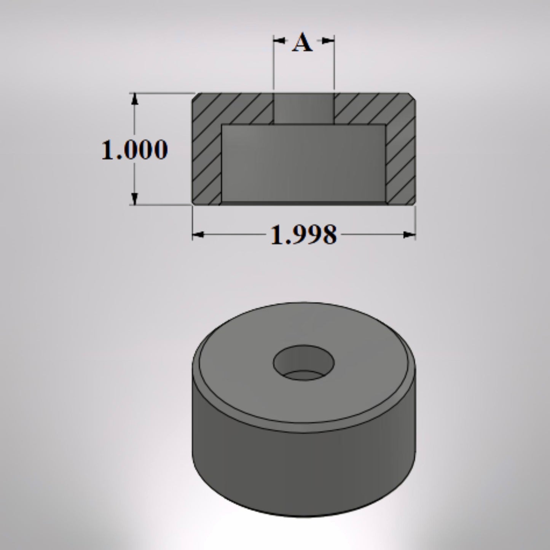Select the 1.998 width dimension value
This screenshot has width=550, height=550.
pyautogui.click(x=303, y=235)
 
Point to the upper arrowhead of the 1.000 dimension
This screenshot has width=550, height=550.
pyautogui.click(x=134, y=99)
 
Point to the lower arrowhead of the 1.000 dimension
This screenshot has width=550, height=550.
pyautogui.click(x=134, y=199)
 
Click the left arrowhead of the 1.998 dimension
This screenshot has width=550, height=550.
pyautogui.click(x=198, y=235)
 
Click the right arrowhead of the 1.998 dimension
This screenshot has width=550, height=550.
pyautogui.click(x=410, y=235)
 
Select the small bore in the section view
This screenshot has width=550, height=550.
pyautogui.click(x=304, y=108)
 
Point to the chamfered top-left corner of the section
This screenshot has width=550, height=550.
pyautogui.click(x=194, y=96)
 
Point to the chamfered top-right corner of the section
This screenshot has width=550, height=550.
pyautogui.click(x=413, y=96)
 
